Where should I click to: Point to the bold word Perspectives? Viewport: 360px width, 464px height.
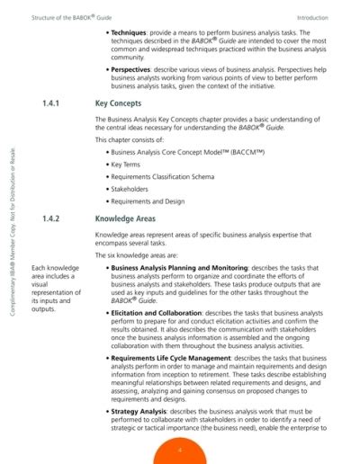(137, 66)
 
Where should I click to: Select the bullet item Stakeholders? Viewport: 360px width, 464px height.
(131, 191)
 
